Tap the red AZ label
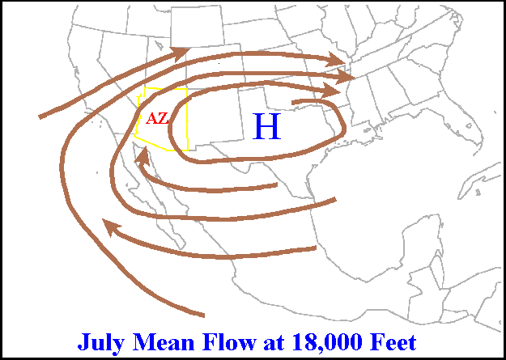pyautogui.click(x=157, y=118)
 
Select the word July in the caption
pyautogui.click(x=101, y=341)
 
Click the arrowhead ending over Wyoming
pyautogui.click(x=182, y=52)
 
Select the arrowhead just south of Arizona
pyautogui.click(x=143, y=160)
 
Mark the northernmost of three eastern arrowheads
pyautogui.click(x=338, y=60)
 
